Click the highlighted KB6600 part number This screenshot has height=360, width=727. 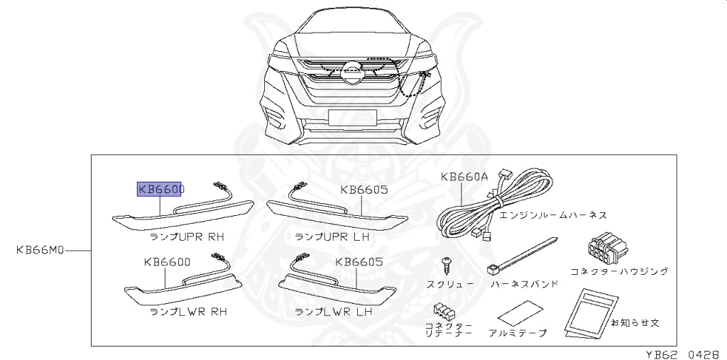[x=160, y=190]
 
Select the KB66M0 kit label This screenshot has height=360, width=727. [x=41, y=251]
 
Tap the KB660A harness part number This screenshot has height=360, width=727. [x=464, y=178]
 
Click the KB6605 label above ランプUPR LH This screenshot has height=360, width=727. [x=363, y=190]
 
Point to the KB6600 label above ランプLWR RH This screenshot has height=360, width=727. [x=167, y=263]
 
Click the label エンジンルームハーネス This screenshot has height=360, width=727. [x=553, y=214]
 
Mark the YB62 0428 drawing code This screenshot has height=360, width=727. [x=684, y=354]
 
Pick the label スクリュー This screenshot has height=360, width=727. [x=450, y=284]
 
